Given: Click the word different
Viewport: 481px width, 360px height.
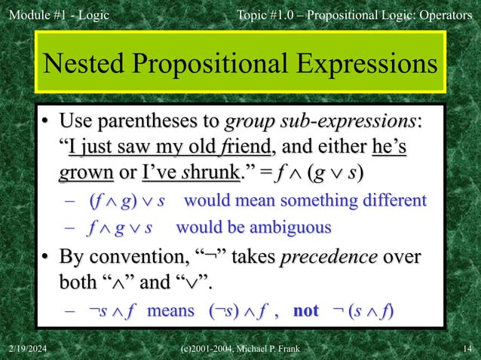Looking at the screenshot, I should pos(391,201).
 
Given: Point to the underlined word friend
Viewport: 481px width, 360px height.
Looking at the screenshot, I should pos(237,145).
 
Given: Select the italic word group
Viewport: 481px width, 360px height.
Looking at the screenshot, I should pos(250,121).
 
